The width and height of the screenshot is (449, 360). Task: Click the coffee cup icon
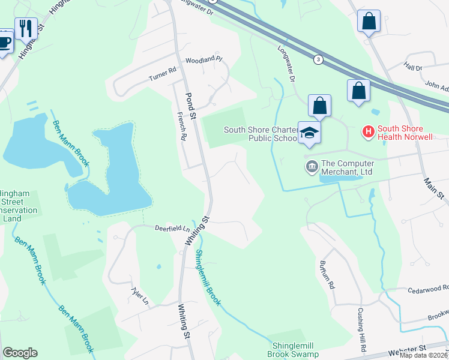coord(5,42)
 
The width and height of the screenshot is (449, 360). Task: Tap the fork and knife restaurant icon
coord(26,28)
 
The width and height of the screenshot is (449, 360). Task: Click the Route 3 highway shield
coord(318,59)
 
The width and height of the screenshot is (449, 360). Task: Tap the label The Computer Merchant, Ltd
coord(348,167)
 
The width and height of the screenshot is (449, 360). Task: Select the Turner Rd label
coord(163,74)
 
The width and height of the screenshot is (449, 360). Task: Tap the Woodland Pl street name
coord(203,60)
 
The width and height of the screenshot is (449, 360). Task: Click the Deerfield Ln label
coord(172,229)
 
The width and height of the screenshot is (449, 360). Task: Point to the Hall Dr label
coord(413,68)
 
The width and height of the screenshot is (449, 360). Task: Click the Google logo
coord(20,353)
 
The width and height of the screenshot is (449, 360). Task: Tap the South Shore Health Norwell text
coord(405,133)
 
